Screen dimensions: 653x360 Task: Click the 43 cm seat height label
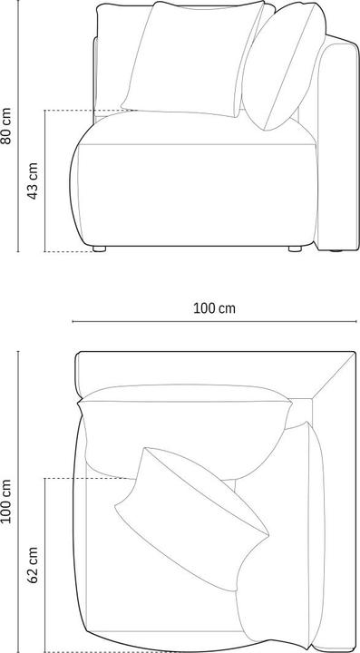point(34,181)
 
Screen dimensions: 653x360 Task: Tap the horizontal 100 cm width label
point(214,308)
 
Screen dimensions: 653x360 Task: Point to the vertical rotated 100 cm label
point(7,501)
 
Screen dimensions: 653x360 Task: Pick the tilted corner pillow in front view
point(281,68)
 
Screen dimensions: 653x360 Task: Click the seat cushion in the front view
point(195,181)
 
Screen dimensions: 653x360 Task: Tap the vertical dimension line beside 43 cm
point(45,181)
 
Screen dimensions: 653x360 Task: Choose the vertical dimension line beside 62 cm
point(45,562)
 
